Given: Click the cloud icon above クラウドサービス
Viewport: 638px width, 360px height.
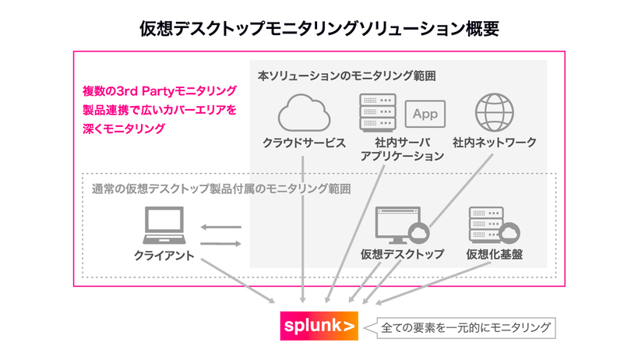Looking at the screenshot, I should click(304, 114).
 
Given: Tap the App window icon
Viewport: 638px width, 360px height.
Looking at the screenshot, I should click(425, 114).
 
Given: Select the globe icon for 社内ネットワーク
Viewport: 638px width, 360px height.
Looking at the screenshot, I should click(494, 112).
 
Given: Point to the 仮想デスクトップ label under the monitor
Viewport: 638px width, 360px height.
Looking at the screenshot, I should click(402, 254).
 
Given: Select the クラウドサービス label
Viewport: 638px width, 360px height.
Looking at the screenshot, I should click(304, 143).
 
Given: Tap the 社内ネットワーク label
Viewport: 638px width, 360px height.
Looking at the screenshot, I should click(494, 143).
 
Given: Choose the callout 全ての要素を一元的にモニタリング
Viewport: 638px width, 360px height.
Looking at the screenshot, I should click(466, 328).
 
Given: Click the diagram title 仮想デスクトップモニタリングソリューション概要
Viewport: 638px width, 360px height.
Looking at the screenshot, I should click(319, 29).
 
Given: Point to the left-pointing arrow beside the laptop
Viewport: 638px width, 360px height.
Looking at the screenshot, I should click(220, 228).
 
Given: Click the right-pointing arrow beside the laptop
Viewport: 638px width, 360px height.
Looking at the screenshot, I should click(220, 244).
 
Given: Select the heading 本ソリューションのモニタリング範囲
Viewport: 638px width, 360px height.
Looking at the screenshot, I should click(346, 76).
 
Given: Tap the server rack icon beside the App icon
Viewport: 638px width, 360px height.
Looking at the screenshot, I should click(378, 113).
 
